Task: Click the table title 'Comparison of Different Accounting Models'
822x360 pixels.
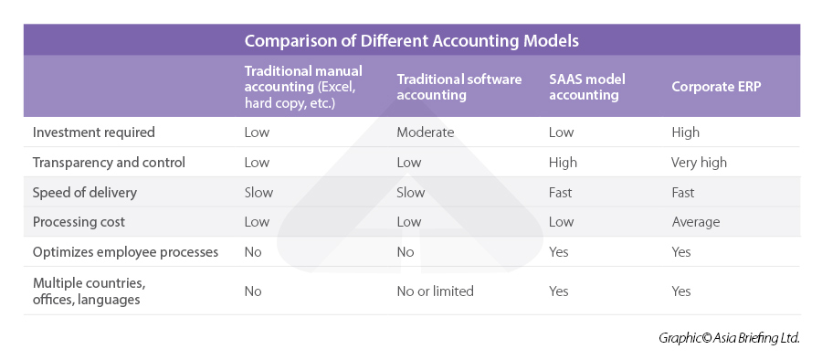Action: [x=412, y=41]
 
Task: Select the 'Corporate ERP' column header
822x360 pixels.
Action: [x=716, y=87]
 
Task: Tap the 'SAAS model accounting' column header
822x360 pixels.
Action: [x=587, y=87]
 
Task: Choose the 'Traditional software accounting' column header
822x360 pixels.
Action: [x=459, y=87]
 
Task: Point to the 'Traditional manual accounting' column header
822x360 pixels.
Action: [x=303, y=87]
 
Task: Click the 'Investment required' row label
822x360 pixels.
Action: [x=94, y=132]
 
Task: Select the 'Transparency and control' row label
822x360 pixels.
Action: [x=109, y=163]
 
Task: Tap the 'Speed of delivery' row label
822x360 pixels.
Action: [x=85, y=193]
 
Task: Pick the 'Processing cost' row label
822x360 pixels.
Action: [x=79, y=222]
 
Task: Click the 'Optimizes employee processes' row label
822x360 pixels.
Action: [x=125, y=252]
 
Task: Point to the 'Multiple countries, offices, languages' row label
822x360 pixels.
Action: [x=90, y=291]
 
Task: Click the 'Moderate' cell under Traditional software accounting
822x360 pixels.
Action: [x=425, y=132]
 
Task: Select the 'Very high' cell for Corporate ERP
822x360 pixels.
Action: [x=700, y=163]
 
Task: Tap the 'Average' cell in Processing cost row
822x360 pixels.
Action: [x=696, y=222]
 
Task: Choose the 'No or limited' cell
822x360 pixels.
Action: [x=435, y=291]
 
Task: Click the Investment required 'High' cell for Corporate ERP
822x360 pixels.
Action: [x=686, y=132]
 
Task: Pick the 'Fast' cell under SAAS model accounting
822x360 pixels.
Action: [x=561, y=193]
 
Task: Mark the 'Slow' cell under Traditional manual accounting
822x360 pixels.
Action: [x=258, y=193]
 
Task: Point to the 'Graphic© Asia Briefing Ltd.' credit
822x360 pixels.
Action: [x=729, y=338]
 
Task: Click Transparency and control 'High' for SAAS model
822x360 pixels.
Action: [x=563, y=163]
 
